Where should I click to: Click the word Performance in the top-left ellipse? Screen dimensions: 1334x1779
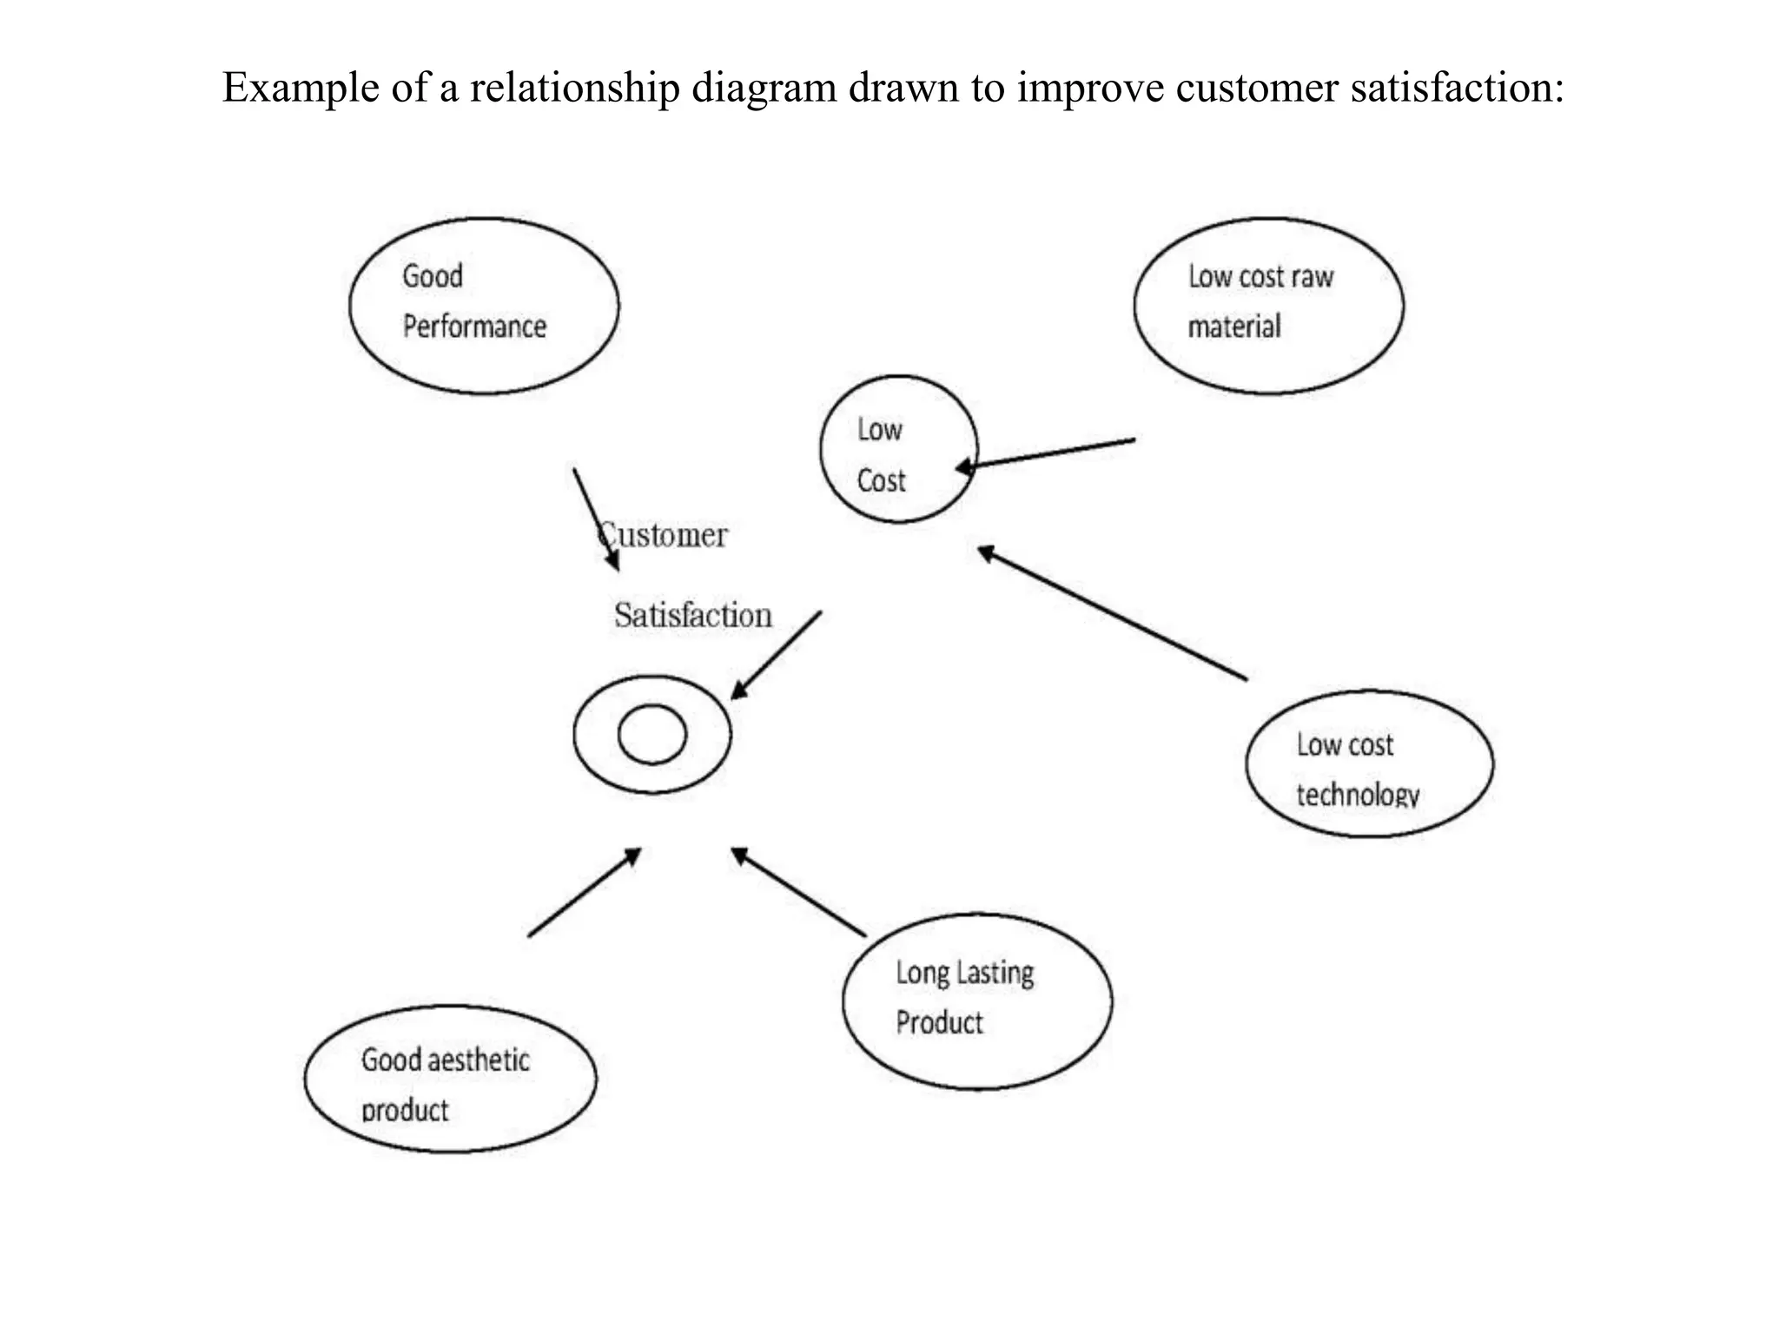point(474,327)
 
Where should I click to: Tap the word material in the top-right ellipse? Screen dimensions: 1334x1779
point(1233,327)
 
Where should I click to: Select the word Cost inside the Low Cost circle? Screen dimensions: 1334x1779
point(881,481)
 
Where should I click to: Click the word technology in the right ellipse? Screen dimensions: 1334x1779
point(1357,795)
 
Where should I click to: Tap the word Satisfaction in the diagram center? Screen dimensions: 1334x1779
point(692,616)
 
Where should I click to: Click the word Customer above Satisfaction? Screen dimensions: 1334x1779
point(663,535)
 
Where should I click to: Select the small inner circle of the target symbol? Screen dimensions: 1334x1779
point(651,735)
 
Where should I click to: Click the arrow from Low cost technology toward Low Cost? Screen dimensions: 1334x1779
point(1112,612)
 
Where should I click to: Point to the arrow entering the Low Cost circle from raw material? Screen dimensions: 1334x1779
point(1047,454)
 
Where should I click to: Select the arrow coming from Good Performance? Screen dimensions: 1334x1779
point(596,519)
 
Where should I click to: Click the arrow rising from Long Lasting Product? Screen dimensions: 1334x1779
point(798,892)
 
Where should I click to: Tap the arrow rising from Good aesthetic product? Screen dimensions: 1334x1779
point(584,893)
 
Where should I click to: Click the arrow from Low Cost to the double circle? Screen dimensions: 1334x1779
point(776,656)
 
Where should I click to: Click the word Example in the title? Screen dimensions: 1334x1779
point(301,88)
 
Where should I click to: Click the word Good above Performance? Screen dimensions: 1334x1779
point(432,277)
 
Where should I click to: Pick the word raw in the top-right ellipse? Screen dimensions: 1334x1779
point(1312,277)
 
